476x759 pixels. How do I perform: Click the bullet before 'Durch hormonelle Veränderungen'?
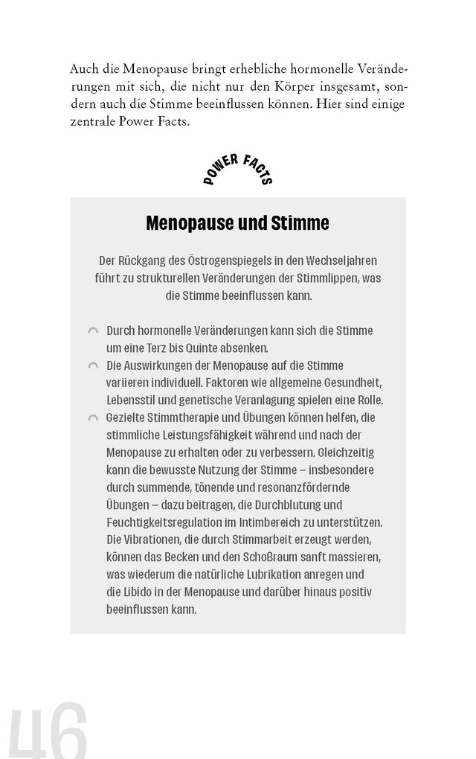(x=93, y=331)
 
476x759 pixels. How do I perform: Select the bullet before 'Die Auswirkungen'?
(x=93, y=366)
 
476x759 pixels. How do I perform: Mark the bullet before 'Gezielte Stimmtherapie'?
(x=93, y=418)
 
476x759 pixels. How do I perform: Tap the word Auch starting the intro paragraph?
(x=83, y=69)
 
